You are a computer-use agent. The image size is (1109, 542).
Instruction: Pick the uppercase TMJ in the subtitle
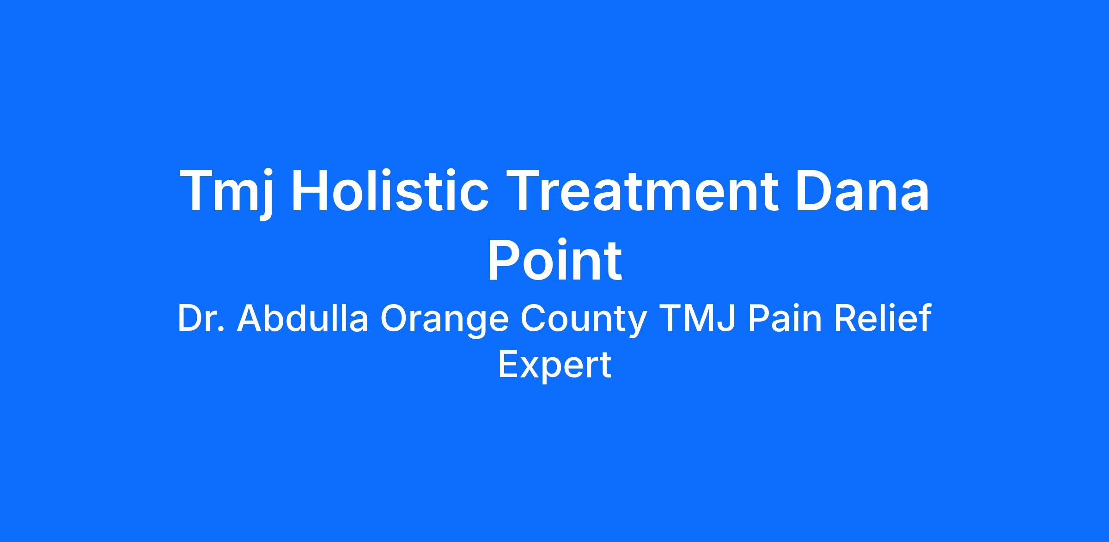point(697,318)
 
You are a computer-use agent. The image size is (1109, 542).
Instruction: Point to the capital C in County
point(533,318)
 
